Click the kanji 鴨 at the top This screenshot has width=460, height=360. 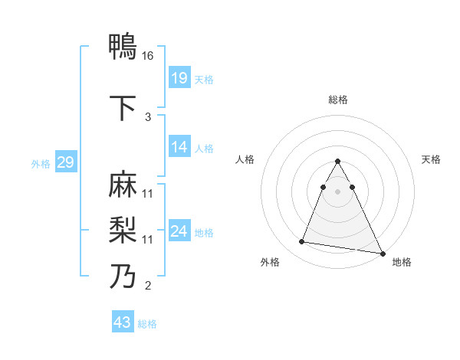click(x=123, y=47)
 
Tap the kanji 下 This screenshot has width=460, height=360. click(x=123, y=107)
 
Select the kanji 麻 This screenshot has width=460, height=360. click(x=123, y=186)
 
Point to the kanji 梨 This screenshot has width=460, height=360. click(x=123, y=230)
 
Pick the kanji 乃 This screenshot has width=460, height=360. click(x=123, y=276)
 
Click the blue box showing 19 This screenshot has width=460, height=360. click(x=179, y=79)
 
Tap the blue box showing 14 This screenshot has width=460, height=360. click(x=179, y=148)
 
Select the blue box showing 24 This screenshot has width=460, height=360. click(x=179, y=232)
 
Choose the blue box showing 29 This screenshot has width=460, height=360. click(x=65, y=162)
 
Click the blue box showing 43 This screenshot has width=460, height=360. click(x=123, y=322)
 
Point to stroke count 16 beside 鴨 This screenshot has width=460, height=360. click(x=149, y=56)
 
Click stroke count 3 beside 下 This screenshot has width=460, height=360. click(x=148, y=116)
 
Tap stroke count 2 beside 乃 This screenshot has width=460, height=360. click(x=148, y=286)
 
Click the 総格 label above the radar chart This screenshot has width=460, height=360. click(x=338, y=100)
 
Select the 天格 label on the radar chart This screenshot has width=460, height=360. click(x=432, y=159)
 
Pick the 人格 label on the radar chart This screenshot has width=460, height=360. click(x=245, y=159)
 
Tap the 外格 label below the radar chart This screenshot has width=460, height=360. click(x=270, y=262)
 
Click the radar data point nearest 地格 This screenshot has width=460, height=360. click(x=383, y=254)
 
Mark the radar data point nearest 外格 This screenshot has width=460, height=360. click(x=302, y=242)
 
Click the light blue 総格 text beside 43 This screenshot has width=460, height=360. click(x=147, y=324)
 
